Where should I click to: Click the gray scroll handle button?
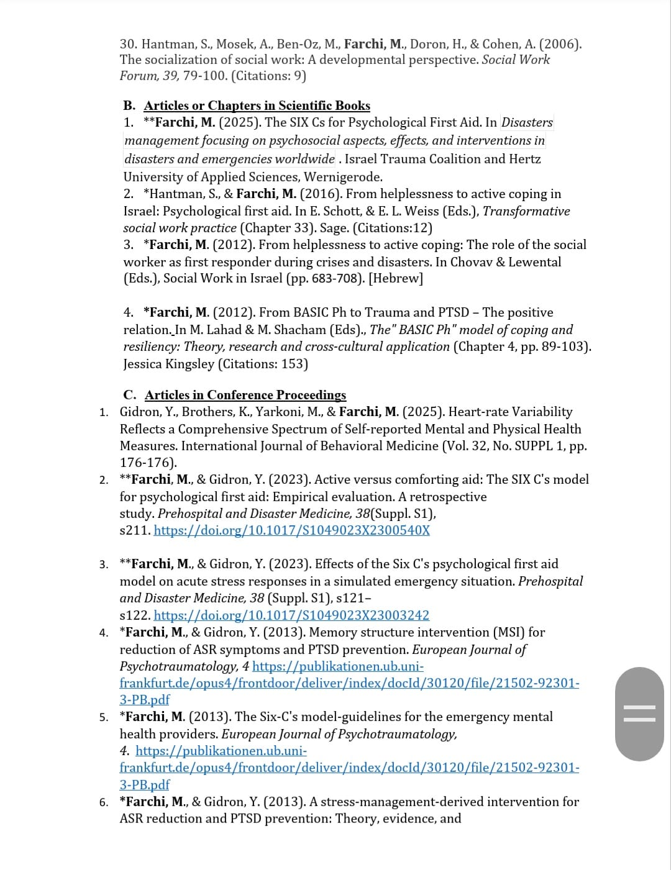point(639,714)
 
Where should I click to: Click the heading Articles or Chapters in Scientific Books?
point(257,106)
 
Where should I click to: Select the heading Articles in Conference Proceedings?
point(245,395)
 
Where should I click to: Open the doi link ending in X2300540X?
point(291,530)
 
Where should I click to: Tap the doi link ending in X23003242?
point(291,615)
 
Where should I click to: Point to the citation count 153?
point(293,364)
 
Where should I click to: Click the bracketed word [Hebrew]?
point(396,278)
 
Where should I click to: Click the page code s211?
point(134,530)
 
